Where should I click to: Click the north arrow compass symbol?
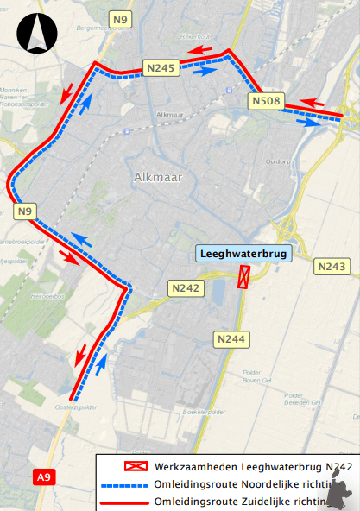pos(37,35)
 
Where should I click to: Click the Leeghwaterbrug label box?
pos(244,254)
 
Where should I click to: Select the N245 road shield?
pos(161,67)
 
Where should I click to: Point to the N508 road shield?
pos(267,102)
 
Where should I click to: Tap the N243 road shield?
pos(332,267)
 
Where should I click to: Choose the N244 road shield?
pos(231,339)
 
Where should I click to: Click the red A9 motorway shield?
pos(44,476)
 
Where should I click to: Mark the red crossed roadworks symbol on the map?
pos(244,277)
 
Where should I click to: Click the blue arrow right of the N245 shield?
pos(204,73)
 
